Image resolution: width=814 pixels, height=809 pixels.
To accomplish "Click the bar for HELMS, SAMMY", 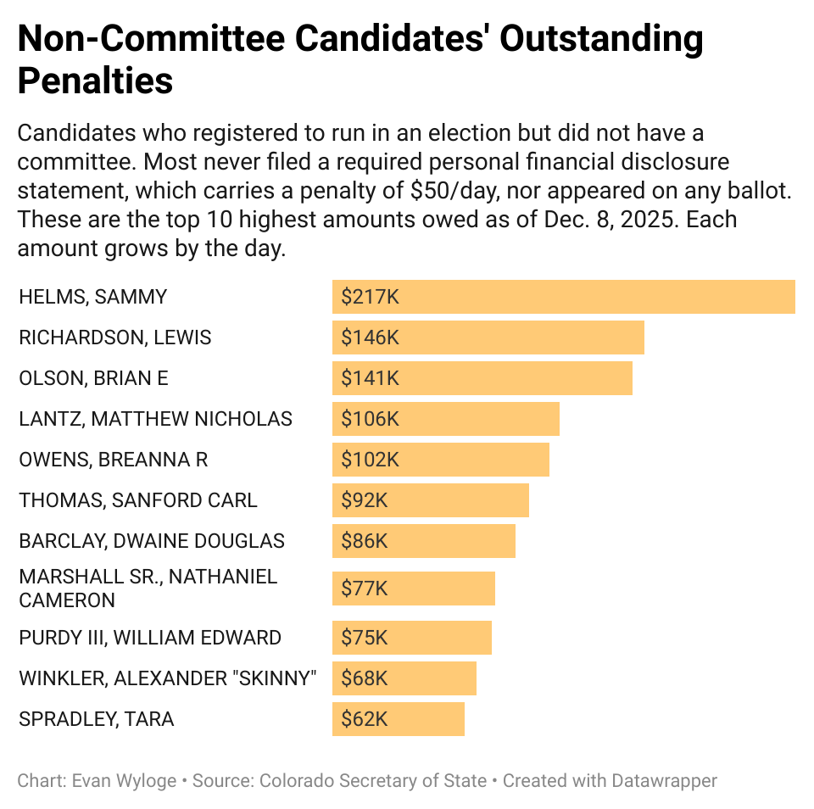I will pos(563,297).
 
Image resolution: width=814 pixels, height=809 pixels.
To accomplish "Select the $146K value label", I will pos(370,338).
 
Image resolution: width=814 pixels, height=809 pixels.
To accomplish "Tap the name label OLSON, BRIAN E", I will pos(93,378).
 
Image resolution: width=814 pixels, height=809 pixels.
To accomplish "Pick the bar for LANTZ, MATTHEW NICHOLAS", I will pos(445,419).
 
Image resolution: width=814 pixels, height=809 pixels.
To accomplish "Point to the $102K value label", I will pos(370,460).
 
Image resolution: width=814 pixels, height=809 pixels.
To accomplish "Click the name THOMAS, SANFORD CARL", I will pos(137,500).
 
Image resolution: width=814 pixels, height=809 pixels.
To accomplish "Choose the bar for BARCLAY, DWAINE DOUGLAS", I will pos(423,541).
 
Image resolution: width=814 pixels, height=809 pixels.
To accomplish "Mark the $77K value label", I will pos(365,589).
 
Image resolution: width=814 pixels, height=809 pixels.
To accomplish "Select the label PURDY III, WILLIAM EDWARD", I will pos(150,638).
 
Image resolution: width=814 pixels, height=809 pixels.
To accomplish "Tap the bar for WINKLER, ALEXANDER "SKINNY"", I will pos(404,678).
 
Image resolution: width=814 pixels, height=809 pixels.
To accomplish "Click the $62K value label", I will pos(365,719).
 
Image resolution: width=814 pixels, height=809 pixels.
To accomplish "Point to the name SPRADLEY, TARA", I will pos(96,719).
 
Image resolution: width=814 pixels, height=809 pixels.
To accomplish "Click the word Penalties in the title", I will pos(95,81).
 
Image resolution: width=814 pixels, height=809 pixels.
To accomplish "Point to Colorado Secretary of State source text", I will pos(373,780).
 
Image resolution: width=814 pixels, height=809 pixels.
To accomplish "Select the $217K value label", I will pos(370,297).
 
